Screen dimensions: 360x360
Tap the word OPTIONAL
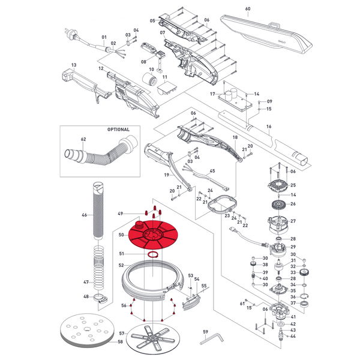tap(118, 129)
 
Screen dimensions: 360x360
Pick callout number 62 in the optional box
tap(83, 139)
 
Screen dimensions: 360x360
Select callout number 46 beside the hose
tap(84, 214)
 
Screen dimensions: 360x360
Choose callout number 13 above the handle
tap(74, 64)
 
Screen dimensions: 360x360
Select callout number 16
tap(268, 126)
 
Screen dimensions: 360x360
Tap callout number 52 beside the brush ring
tap(121, 265)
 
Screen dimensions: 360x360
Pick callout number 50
tap(121, 235)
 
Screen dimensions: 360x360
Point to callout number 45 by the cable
tap(212, 171)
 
